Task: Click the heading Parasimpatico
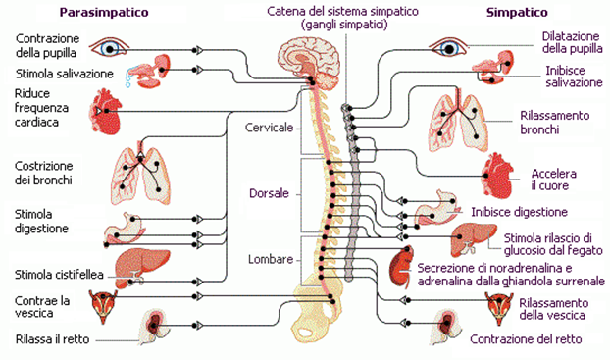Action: tap(104, 13)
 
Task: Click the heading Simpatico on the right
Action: tap(517, 13)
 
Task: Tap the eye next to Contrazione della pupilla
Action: tap(109, 48)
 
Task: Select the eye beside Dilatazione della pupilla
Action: tap(449, 48)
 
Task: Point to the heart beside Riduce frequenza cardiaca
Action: tap(106, 111)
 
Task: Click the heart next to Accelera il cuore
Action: tap(497, 176)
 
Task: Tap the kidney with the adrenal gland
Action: tap(401, 266)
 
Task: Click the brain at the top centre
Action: tap(309, 66)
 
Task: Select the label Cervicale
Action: tap(269, 128)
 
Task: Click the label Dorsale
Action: tap(269, 193)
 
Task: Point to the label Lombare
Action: tap(271, 259)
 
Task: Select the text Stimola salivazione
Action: tap(64, 74)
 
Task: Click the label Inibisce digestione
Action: tap(520, 212)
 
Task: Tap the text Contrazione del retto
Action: tap(526, 339)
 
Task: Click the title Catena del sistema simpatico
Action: tap(342, 12)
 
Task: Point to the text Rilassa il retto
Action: tap(53, 339)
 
